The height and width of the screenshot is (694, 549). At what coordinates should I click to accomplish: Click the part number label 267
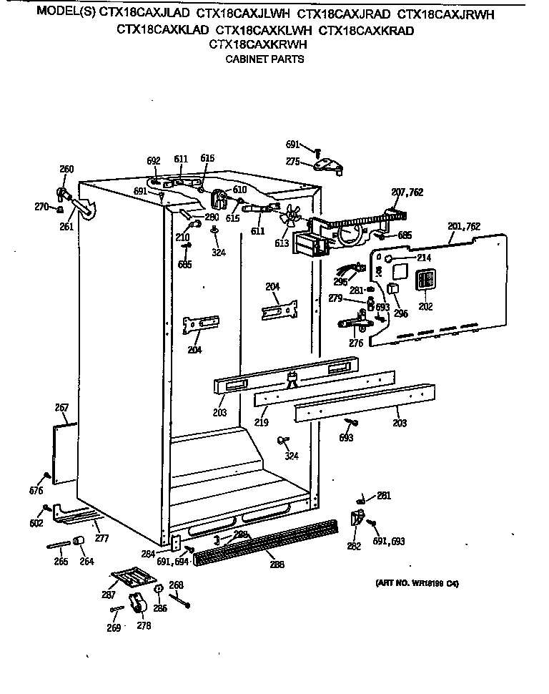click(x=61, y=408)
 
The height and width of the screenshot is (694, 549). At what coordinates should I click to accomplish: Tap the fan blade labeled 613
click(x=291, y=216)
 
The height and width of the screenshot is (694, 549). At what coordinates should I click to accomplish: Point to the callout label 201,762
click(x=463, y=227)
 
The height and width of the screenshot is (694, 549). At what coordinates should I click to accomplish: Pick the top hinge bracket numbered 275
click(x=328, y=165)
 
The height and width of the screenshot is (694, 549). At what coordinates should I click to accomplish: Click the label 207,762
click(x=407, y=192)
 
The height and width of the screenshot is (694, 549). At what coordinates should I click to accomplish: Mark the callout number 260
click(x=66, y=170)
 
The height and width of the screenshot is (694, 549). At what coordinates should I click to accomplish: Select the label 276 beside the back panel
click(x=355, y=343)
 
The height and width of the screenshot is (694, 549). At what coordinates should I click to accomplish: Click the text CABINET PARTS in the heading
click(x=264, y=59)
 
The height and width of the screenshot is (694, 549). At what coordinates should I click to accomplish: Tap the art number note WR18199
click(x=417, y=583)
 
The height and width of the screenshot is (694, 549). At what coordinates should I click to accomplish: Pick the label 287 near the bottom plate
click(x=109, y=595)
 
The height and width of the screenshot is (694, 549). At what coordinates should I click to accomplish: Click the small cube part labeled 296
click(x=392, y=290)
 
